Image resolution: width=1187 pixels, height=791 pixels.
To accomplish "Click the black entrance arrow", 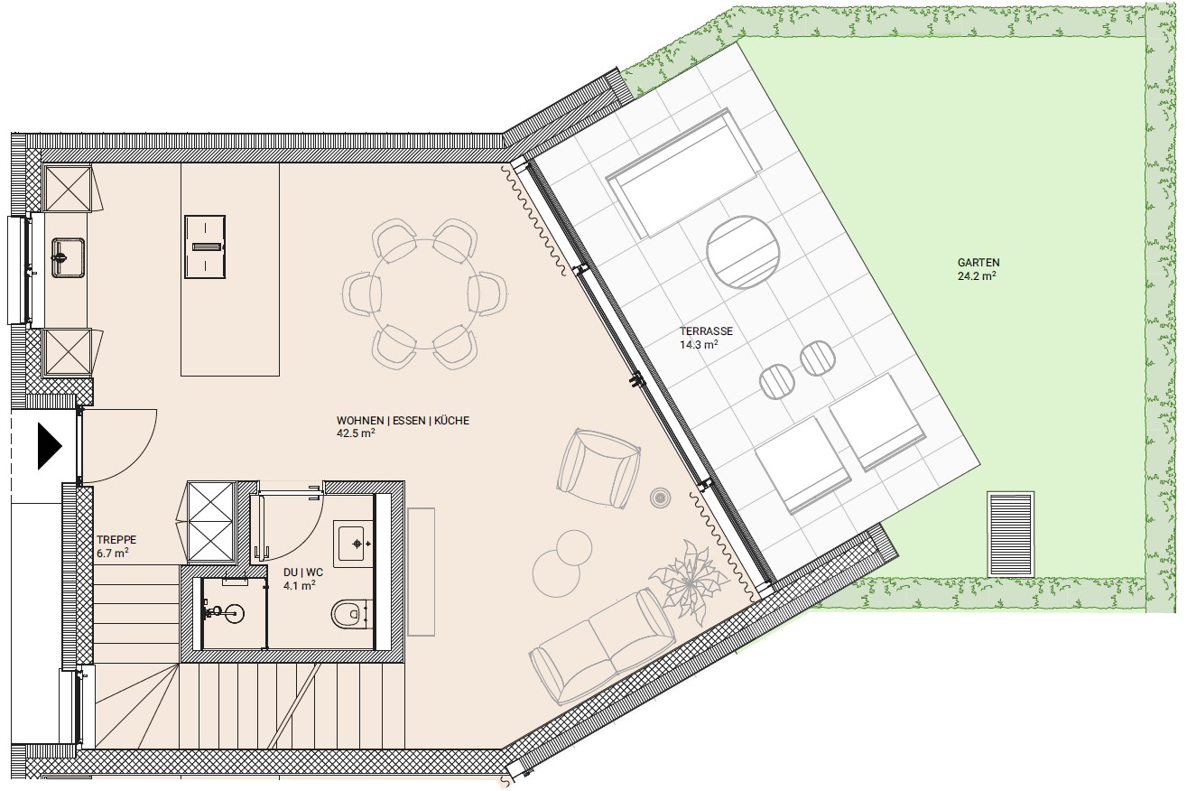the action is pyautogui.click(x=50, y=446).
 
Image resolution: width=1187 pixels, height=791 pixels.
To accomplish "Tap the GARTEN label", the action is pyautogui.click(x=978, y=263).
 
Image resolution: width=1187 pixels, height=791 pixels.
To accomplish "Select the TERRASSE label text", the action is pyautogui.click(x=707, y=331).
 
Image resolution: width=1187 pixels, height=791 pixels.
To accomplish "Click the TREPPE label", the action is pyautogui.click(x=116, y=540).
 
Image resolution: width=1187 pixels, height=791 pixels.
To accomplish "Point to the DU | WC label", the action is pyautogui.click(x=303, y=572).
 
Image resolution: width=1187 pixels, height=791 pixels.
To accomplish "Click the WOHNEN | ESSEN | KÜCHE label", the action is pyautogui.click(x=403, y=421).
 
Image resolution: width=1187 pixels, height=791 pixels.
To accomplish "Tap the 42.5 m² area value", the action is pyautogui.click(x=356, y=433).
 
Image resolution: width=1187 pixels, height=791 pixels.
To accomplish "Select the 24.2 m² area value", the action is pyautogui.click(x=977, y=275).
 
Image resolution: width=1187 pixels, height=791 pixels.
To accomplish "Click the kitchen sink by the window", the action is pyautogui.click(x=68, y=257).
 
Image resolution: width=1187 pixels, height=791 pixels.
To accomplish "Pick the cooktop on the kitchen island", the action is pyautogui.click(x=205, y=247).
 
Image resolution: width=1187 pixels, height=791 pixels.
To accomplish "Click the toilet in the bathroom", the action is pyautogui.click(x=348, y=614).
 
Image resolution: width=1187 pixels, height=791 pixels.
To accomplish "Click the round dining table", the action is pyautogui.click(x=424, y=293).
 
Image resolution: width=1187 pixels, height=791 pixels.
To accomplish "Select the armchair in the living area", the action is pyautogui.click(x=598, y=469).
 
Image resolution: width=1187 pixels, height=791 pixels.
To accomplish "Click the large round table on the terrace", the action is pyautogui.click(x=743, y=252).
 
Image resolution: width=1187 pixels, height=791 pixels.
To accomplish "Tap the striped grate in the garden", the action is pyautogui.click(x=1011, y=534).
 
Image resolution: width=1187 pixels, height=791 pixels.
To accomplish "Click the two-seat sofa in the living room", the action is pyautogui.click(x=602, y=646).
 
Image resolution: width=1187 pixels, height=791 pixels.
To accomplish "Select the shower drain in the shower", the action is pyautogui.click(x=234, y=613).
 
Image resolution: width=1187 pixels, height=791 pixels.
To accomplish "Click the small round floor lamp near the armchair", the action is pyautogui.click(x=660, y=498).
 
